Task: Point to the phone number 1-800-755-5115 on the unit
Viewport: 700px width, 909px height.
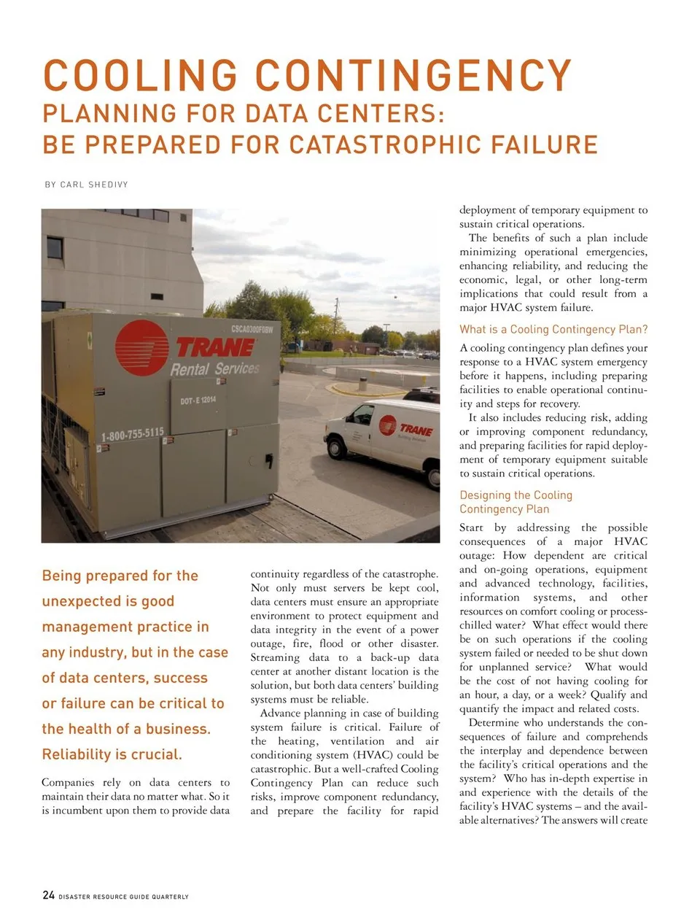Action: tap(132, 434)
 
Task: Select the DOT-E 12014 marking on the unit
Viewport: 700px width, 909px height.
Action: tap(198, 400)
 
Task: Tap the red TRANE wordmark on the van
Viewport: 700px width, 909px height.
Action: tap(416, 430)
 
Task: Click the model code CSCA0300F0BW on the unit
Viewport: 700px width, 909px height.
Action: tap(252, 329)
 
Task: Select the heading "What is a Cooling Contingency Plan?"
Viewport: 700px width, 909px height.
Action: tap(553, 329)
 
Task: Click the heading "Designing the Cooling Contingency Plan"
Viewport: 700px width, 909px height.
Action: tap(516, 502)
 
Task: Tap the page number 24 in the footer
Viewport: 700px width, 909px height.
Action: tap(48, 895)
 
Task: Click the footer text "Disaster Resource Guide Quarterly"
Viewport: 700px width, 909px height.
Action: tap(123, 897)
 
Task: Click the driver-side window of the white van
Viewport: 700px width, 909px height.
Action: tap(362, 414)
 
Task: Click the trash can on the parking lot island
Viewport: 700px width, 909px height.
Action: tap(362, 383)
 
